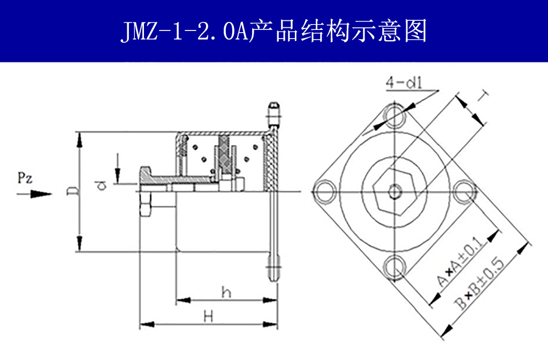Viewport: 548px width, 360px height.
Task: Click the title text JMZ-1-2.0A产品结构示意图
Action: tap(273, 32)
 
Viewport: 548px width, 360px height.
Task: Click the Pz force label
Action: tap(25, 178)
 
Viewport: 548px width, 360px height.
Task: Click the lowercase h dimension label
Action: tap(226, 292)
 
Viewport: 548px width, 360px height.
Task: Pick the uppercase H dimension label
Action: tap(209, 316)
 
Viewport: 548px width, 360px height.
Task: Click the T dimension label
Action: tap(483, 96)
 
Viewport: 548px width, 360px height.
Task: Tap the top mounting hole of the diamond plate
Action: tap(395, 114)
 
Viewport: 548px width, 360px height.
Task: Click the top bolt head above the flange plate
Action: tap(273, 113)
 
